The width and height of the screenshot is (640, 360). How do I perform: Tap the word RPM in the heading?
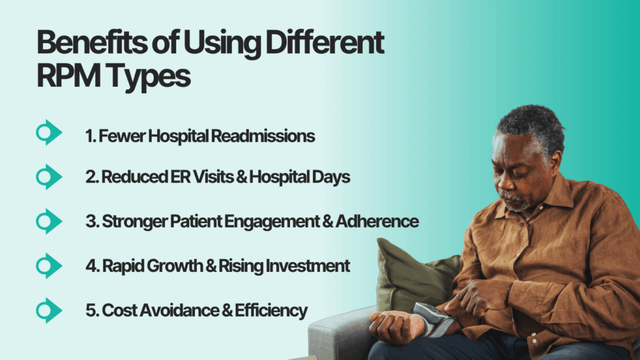[x=66, y=77]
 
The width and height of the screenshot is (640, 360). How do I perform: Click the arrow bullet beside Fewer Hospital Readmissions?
[x=48, y=132]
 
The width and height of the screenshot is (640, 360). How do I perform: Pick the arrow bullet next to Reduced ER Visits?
[x=48, y=177]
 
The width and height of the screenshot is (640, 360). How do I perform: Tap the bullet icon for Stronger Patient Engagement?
[x=48, y=221]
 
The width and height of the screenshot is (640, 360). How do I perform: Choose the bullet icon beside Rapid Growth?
[x=48, y=266]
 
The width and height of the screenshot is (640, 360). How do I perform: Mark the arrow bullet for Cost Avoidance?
[x=48, y=310]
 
